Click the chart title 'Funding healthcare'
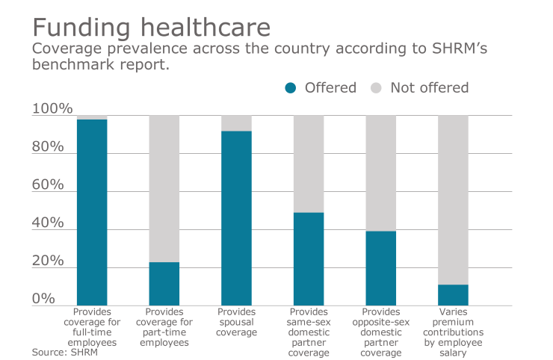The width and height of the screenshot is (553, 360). [150, 28]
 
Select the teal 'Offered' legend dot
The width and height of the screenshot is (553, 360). [291, 88]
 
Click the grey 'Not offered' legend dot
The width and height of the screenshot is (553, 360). [377, 88]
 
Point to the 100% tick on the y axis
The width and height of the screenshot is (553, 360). [52, 110]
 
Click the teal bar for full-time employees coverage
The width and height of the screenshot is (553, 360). [92, 212]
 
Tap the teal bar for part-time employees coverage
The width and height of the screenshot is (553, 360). [164, 284]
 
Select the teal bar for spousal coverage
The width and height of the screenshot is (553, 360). [236, 218]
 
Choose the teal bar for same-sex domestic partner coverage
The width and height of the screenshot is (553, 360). [309, 259]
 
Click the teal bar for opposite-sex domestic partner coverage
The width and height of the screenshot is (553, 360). [380, 268]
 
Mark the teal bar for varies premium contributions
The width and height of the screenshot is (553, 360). [453, 295]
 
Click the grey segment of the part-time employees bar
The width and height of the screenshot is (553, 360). [164, 188]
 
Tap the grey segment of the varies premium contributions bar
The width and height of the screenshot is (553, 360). [453, 199]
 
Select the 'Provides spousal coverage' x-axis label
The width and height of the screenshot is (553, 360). [236, 322]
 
